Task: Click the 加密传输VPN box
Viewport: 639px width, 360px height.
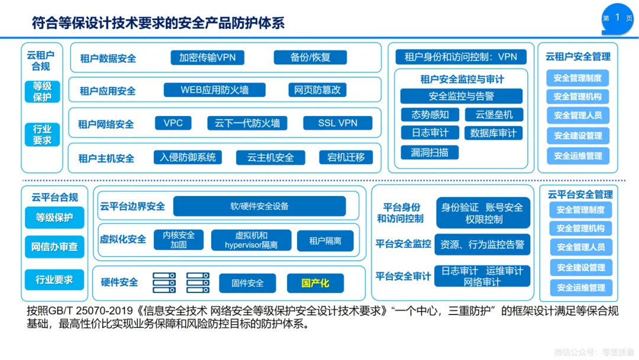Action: click(207, 57)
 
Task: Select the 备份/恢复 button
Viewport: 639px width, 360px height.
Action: click(310, 57)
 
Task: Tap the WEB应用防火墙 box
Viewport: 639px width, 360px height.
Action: click(214, 90)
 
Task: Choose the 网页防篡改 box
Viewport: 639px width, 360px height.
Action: click(318, 90)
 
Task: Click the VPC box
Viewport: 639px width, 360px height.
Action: click(173, 123)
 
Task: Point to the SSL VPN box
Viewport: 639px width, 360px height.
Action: click(337, 123)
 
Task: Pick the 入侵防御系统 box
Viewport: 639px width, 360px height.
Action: click(188, 157)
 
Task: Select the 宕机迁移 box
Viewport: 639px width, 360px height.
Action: click(346, 157)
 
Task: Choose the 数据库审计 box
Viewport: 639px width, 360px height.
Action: click(493, 133)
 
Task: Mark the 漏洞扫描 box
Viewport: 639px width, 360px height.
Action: click(430, 152)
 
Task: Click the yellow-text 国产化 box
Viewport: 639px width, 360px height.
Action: click(315, 283)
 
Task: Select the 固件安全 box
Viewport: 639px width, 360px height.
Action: click(247, 283)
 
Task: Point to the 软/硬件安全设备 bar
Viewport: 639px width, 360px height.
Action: click(259, 206)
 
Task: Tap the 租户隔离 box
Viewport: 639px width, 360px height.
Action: click(325, 240)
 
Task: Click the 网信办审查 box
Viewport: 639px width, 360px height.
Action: click(54, 246)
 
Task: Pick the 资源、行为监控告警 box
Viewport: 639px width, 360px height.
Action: click(482, 244)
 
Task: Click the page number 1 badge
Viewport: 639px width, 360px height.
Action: click(618, 18)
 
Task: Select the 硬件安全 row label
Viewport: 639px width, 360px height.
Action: click(120, 282)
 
